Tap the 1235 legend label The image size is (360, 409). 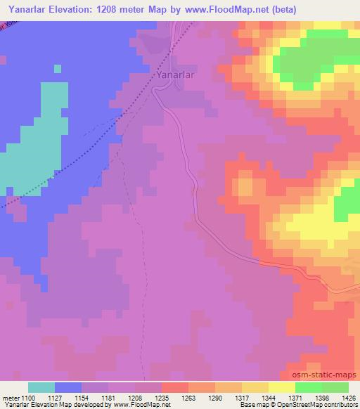point(162,397)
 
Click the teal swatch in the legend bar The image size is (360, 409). point(41,387)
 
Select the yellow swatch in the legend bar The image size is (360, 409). point(282,387)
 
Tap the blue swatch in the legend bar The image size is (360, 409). point(68,387)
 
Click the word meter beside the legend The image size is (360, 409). point(11,397)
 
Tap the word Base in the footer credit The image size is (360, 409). point(246,405)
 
